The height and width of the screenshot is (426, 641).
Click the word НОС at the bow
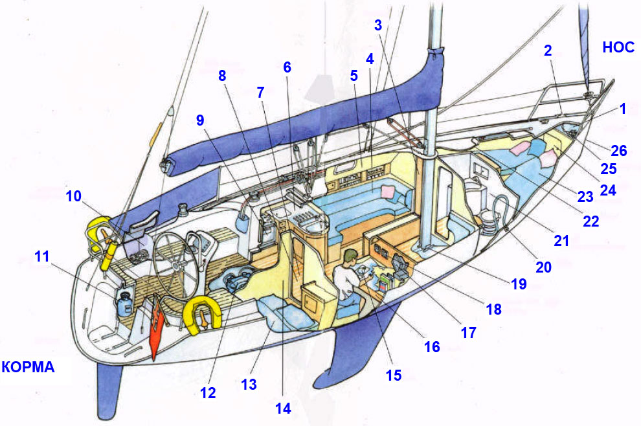click(618, 47)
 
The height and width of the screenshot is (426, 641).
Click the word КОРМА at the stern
click(28, 367)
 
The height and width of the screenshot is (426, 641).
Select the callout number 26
click(618, 151)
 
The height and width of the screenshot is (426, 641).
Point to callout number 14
click(283, 409)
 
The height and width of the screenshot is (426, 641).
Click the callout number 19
click(517, 284)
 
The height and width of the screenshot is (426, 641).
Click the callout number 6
click(287, 67)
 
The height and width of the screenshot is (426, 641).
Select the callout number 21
click(561, 241)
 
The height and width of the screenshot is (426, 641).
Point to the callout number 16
click(431, 346)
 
